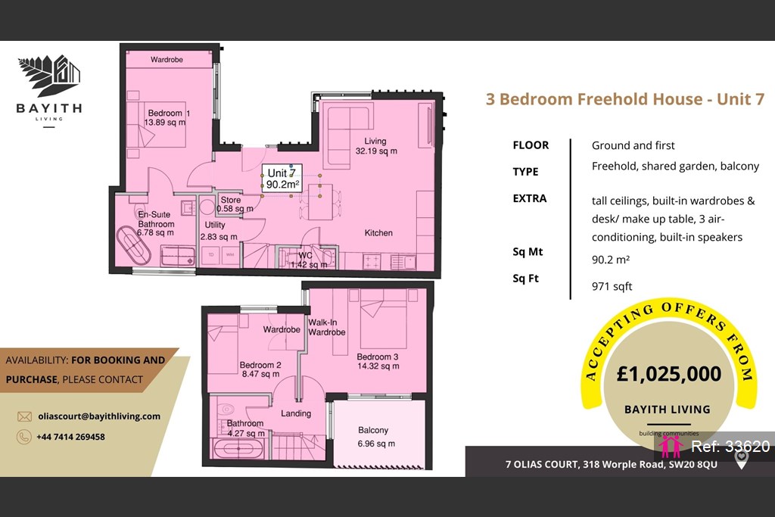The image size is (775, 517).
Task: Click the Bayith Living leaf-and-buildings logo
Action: tap(49, 76)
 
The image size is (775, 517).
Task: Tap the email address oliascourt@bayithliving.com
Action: tap(99, 416)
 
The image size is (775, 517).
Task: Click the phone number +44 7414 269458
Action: tap(70, 437)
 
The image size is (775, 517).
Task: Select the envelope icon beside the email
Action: tap(24, 416)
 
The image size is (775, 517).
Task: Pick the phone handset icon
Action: tap(23, 437)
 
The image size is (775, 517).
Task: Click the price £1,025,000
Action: tap(669, 374)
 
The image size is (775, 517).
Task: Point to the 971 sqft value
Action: tap(612, 287)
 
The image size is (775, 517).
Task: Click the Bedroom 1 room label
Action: tap(167, 117)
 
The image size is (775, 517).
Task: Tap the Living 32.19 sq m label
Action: tap(376, 146)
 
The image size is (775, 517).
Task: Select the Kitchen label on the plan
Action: tap(378, 233)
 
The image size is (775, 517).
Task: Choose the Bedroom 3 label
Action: tap(378, 361)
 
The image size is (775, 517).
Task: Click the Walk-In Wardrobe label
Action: tap(327, 327)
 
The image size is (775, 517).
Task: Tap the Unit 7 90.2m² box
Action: tap(282, 179)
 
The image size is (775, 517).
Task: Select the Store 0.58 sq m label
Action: tap(235, 204)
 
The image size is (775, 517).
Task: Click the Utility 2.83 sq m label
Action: tap(219, 231)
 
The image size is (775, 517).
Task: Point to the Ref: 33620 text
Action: tap(730, 447)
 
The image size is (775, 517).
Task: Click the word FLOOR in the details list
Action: tap(531, 145)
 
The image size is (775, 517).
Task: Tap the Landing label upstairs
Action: tap(296, 413)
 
